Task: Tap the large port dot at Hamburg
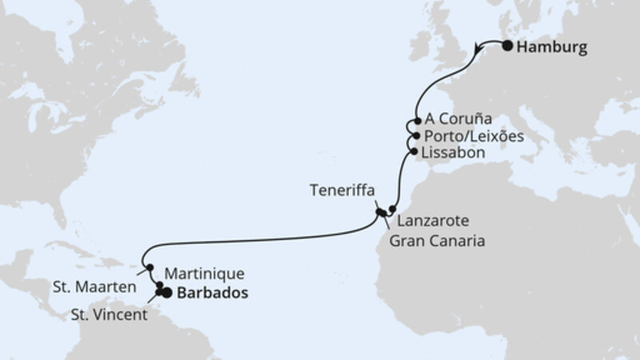[508, 46]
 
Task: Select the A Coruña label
[458, 119]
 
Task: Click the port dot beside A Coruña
[417, 122]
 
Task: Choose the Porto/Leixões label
[474, 136]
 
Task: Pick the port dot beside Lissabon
[414, 151]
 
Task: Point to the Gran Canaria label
[439, 239]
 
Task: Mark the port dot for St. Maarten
[149, 267]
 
